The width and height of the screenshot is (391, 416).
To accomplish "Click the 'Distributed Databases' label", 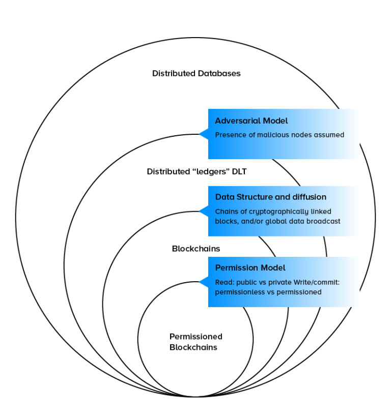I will [x=196, y=73].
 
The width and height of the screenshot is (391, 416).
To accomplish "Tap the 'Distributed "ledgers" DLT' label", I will [x=197, y=171].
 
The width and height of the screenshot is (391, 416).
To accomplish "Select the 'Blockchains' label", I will [x=196, y=249].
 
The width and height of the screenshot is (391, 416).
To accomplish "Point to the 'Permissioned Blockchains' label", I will [x=195, y=342].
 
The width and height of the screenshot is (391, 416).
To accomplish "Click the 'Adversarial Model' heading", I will [x=251, y=121].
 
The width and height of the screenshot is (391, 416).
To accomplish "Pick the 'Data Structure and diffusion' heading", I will [x=270, y=197].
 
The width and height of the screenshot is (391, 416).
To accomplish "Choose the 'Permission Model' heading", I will [x=250, y=268].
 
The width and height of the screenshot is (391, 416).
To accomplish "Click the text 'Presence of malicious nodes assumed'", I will [x=280, y=135].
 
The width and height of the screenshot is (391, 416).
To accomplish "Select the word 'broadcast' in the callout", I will [x=324, y=221].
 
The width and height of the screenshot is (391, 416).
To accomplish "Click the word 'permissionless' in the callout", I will [x=240, y=292].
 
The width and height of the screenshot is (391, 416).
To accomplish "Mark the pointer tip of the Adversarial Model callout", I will [x=199, y=134].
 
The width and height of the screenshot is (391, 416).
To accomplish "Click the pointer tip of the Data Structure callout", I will [x=199, y=211].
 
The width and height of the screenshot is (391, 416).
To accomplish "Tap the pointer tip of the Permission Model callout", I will [x=199, y=282].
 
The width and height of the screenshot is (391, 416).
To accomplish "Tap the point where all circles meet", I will [x=195, y=397].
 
